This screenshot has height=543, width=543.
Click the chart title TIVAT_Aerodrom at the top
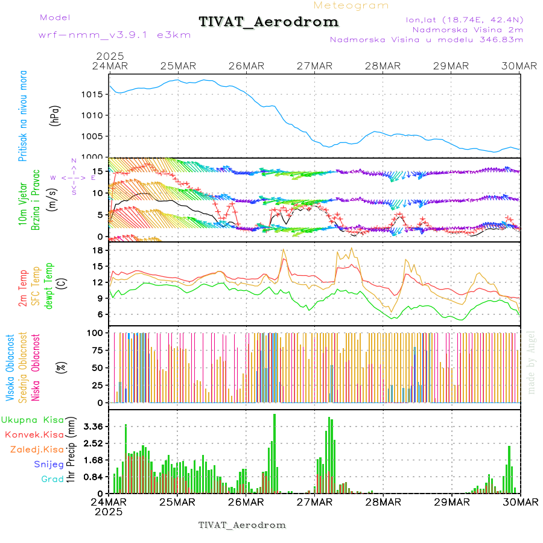click(268, 22)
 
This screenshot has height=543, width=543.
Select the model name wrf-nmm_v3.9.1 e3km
click(115, 34)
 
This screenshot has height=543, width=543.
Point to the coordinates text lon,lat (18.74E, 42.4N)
click(464, 19)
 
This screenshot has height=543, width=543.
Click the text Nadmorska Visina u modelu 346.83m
click(426, 39)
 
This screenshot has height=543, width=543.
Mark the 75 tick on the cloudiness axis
click(95, 350)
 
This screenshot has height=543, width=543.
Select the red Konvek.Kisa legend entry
click(34, 434)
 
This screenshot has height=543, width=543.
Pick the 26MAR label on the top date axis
click(246, 65)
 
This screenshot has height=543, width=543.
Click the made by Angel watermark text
click(532, 362)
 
